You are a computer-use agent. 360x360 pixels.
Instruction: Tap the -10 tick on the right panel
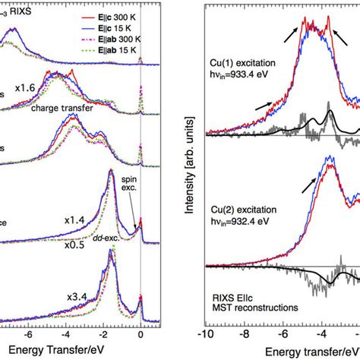[204, 333]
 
